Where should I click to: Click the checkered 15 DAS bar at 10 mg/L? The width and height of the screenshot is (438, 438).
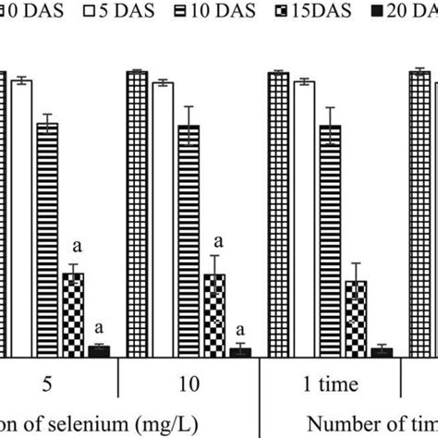[x=214, y=315]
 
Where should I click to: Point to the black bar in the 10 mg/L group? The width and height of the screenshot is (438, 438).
[x=240, y=352]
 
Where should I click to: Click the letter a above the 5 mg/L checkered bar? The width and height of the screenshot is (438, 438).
[x=78, y=248]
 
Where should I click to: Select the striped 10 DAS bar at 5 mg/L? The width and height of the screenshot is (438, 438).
[x=47, y=240]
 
